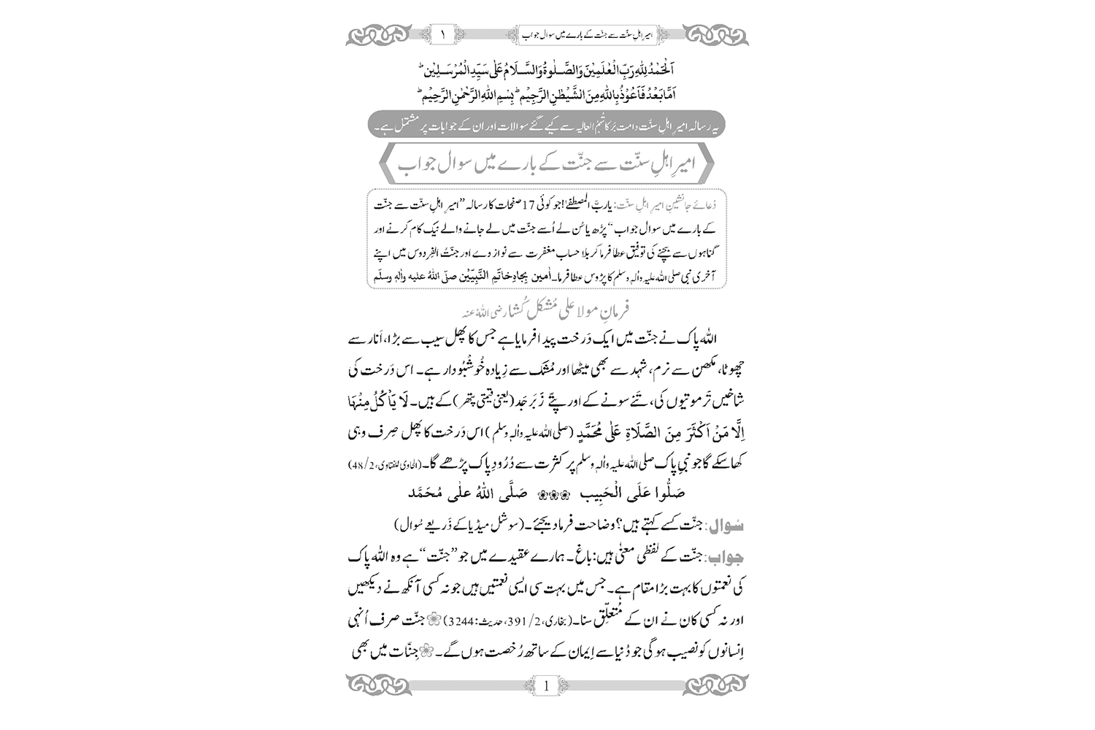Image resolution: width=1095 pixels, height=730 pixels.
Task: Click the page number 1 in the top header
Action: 442,34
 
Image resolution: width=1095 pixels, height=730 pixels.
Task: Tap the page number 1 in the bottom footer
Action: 547,685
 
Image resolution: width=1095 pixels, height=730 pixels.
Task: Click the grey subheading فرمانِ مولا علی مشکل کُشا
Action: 547,309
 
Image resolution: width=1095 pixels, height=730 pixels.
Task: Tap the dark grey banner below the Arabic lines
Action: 547,126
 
